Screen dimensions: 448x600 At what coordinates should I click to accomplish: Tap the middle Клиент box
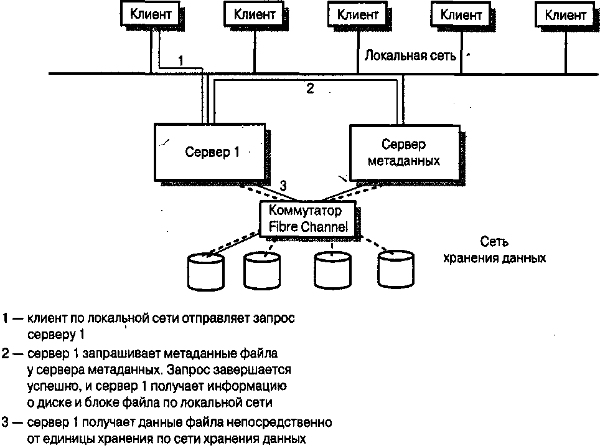point(357,14)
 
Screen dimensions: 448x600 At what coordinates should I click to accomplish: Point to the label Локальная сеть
point(410,55)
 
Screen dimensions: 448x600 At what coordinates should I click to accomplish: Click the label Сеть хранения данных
point(494,249)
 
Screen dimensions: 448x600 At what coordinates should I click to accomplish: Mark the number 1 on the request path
point(180,60)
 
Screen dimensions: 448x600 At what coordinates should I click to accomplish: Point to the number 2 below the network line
point(310,88)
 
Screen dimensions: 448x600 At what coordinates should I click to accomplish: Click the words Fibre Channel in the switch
point(308,226)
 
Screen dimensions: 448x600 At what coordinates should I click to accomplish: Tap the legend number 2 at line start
point(6,354)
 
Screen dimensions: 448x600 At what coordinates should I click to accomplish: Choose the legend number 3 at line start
point(6,422)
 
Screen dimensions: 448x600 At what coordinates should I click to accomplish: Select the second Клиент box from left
point(254,14)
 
